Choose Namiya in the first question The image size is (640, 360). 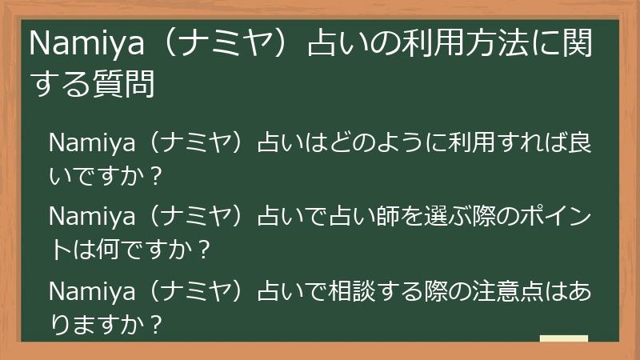pos(87,144)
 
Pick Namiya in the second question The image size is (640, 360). pos(87,218)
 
